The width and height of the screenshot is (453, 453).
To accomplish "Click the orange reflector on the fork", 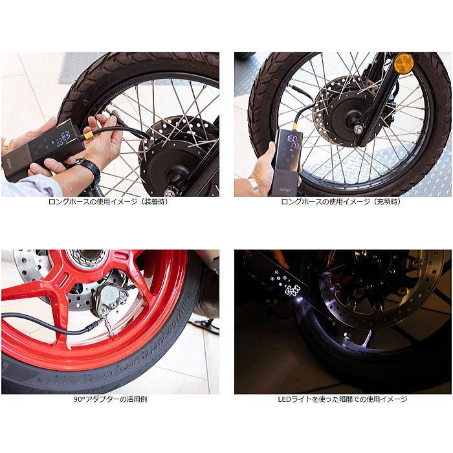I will [x=404, y=63].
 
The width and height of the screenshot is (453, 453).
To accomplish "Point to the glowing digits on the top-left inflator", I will [x=63, y=138].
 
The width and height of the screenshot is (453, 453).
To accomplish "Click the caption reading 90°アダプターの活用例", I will [x=110, y=399].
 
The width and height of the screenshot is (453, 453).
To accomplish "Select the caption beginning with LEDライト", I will [x=343, y=399].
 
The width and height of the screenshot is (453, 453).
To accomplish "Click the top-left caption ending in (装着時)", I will [x=110, y=201].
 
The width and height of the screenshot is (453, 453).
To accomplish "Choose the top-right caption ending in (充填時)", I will [x=343, y=201].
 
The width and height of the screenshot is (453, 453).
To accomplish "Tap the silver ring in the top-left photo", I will [x=6, y=143].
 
